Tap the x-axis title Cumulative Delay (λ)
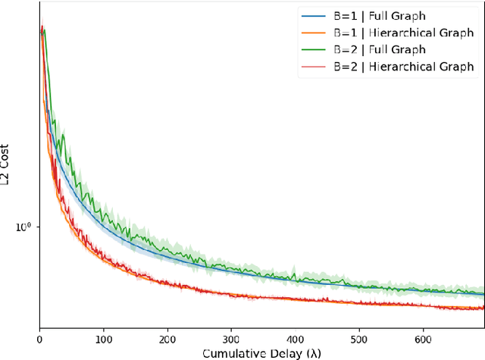click(261, 352)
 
